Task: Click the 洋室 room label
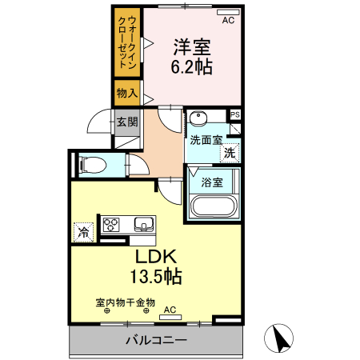(x=193, y=46)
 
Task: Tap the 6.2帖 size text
(x=193, y=67)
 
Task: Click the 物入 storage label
(x=126, y=93)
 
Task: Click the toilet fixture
(x=92, y=166)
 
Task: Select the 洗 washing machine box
(x=230, y=151)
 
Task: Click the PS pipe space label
(x=234, y=115)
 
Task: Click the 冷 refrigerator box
(x=82, y=232)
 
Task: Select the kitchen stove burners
(x=110, y=224)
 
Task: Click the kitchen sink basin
(x=144, y=223)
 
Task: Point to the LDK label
(x=155, y=258)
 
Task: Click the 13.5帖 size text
(x=155, y=278)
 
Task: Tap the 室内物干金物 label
(x=126, y=302)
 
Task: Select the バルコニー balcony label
(x=156, y=341)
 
